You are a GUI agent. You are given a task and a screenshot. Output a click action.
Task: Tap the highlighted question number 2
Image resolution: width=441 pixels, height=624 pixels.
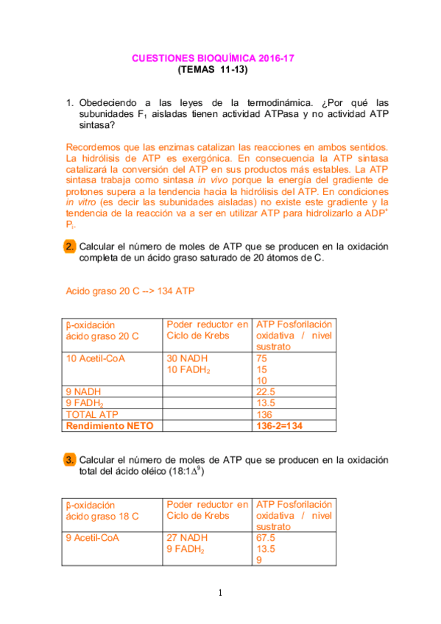[69, 247]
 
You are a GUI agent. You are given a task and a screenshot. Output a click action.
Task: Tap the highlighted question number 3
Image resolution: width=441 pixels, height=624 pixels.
[69, 460]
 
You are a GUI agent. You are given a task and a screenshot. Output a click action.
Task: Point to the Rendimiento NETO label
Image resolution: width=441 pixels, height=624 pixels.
[103, 425]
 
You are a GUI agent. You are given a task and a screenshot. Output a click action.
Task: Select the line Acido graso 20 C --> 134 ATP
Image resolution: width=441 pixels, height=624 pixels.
[130, 291]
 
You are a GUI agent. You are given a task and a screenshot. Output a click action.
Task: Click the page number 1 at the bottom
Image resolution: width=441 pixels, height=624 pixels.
[220, 594]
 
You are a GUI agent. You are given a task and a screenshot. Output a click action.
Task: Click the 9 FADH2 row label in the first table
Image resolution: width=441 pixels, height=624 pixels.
[84, 403]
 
